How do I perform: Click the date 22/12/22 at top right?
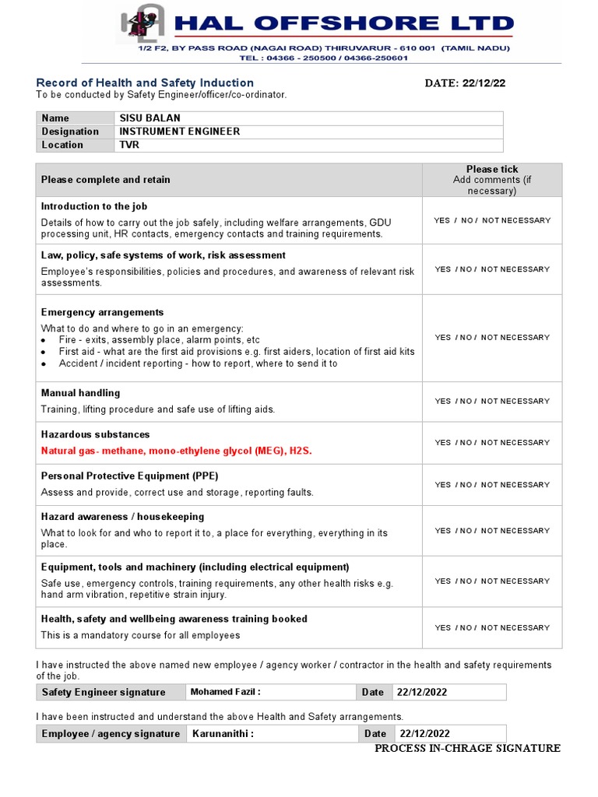(465, 83)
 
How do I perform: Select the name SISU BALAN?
(149, 118)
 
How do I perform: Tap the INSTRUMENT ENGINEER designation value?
(179, 132)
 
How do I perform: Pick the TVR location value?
(128, 145)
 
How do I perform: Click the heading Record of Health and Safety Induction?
(145, 83)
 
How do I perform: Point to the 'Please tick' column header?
(492, 169)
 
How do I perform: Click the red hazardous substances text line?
(177, 451)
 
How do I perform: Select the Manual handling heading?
(80, 393)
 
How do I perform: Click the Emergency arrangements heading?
(102, 312)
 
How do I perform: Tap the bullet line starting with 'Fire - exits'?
(159, 340)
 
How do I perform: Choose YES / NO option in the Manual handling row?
(492, 402)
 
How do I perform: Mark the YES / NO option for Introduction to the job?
(492, 220)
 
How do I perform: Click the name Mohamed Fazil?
(225, 692)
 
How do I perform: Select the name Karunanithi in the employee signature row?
(223, 733)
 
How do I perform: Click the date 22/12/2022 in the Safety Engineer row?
(422, 692)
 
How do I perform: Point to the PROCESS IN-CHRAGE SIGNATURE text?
(467, 748)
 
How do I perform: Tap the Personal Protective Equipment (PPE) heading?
(129, 476)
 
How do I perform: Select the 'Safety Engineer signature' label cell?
(104, 692)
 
